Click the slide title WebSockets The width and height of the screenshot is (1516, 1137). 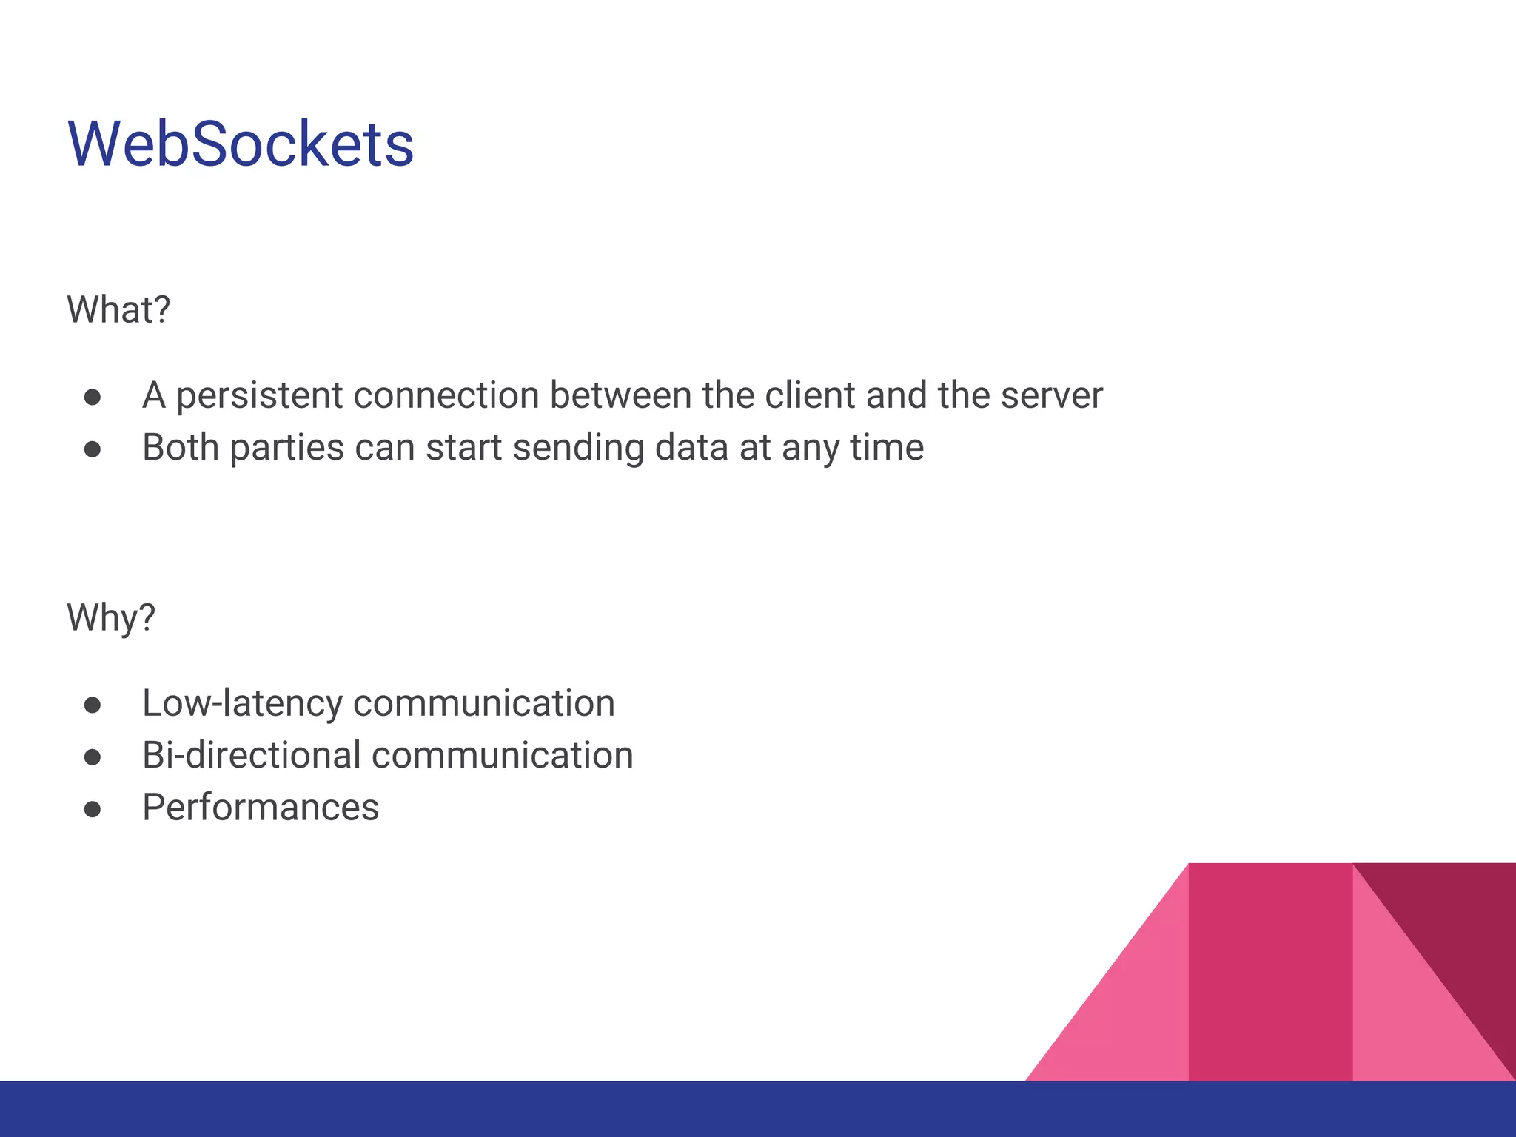(241, 144)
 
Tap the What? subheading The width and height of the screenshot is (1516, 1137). (118, 309)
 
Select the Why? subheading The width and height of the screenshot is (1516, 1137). (111, 617)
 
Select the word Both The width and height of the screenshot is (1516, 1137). (180, 447)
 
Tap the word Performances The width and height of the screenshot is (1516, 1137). (261, 807)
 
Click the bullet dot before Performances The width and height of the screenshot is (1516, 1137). (93, 809)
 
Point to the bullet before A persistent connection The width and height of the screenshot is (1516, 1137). (93, 398)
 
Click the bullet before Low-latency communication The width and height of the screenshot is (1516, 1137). (93, 705)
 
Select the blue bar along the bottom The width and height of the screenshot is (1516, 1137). (758, 1109)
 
